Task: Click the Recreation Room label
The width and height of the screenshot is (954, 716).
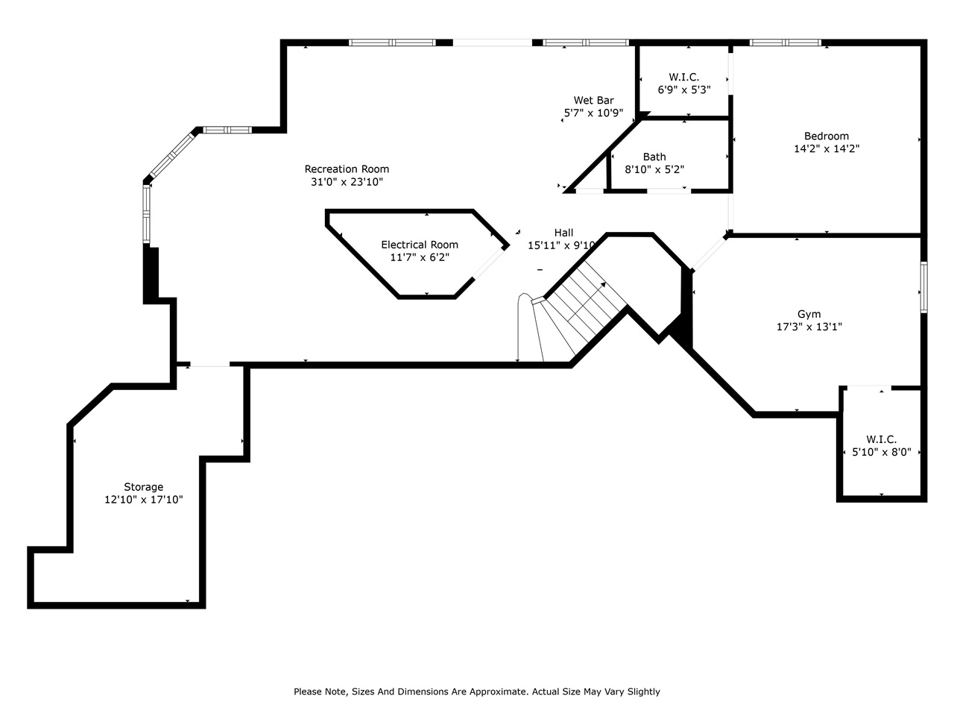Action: click(x=347, y=169)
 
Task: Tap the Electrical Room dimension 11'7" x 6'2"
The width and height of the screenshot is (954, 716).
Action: click(x=420, y=257)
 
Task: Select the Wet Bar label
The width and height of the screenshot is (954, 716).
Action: click(x=593, y=101)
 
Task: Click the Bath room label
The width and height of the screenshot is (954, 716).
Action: click(x=654, y=157)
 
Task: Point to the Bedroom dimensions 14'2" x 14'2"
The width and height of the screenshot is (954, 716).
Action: click(x=827, y=148)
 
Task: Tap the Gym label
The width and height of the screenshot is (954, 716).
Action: click(x=809, y=314)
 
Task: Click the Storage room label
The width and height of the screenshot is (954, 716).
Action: click(x=143, y=487)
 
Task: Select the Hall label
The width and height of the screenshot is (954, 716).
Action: click(x=563, y=233)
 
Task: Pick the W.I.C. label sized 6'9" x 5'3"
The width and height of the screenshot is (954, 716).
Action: click(x=683, y=77)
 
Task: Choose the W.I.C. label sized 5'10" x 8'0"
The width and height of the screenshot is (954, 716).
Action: click(x=881, y=439)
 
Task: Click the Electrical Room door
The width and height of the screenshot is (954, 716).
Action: click(x=490, y=263)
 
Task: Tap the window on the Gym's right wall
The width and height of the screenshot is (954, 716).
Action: click(x=923, y=287)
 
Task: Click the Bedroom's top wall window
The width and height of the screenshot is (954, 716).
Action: click(x=785, y=43)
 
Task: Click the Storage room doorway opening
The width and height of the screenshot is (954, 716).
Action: click(x=210, y=365)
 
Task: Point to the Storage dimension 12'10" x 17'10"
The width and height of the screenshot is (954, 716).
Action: click(x=143, y=500)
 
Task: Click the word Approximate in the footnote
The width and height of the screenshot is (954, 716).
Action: click(x=496, y=691)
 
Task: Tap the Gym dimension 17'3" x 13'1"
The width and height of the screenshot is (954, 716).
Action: click(x=809, y=327)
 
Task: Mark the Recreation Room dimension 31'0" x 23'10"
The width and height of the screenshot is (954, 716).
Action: click(x=347, y=182)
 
